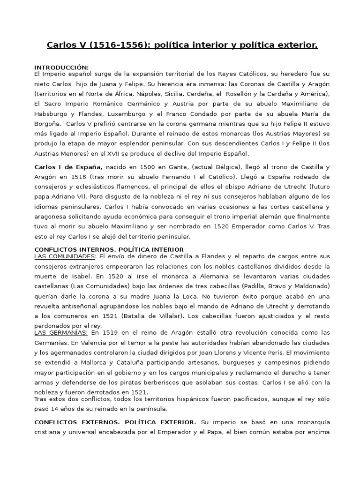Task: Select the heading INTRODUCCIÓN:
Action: tap(61, 67)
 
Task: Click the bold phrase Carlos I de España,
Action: tap(68, 167)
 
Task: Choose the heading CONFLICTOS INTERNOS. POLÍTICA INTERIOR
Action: tap(109, 249)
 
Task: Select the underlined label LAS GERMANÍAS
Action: tap(61, 333)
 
